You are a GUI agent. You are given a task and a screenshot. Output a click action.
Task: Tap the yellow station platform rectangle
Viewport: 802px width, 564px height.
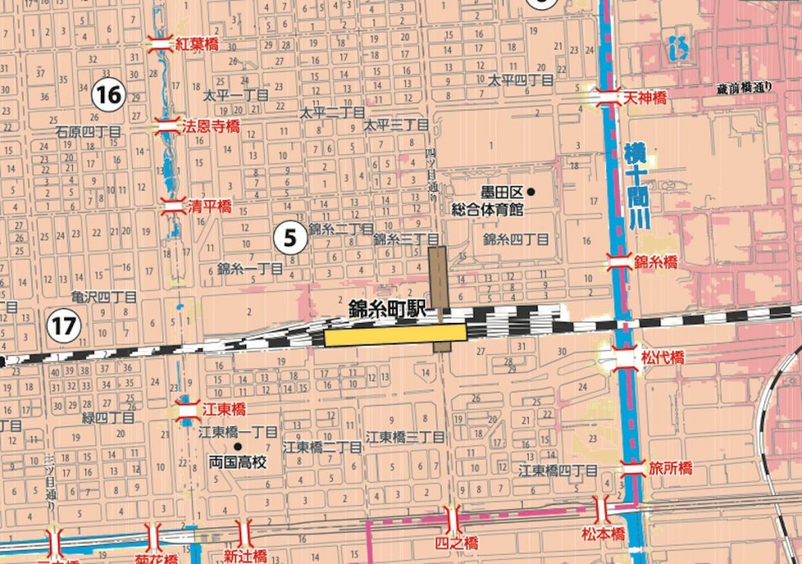(x=395, y=336)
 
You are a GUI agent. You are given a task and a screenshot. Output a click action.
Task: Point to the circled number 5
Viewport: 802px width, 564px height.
(x=290, y=238)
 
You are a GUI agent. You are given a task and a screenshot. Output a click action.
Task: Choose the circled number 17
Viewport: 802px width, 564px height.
(x=64, y=325)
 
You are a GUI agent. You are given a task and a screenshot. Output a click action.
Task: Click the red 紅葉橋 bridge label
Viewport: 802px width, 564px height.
(x=196, y=44)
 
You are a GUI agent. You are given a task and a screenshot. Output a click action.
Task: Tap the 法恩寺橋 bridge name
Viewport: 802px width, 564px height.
(x=211, y=125)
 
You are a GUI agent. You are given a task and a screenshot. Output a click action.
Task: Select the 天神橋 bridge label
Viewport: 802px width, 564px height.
(x=645, y=98)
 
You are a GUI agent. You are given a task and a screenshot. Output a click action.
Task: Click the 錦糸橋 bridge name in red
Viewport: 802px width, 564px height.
(x=656, y=263)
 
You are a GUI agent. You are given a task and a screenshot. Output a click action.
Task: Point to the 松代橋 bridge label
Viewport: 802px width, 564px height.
(x=663, y=357)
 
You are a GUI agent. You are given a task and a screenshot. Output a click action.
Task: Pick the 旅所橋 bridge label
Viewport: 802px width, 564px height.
(x=670, y=469)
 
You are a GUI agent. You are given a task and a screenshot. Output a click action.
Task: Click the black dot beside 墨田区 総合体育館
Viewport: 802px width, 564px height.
(x=532, y=192)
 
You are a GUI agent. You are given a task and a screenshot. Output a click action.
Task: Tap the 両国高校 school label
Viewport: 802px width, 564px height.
(x=238, y=462)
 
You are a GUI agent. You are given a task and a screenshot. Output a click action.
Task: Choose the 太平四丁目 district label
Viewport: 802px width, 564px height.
(x=521, y=80)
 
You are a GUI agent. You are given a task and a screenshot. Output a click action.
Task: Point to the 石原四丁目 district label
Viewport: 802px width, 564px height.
(x=88, y=133)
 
